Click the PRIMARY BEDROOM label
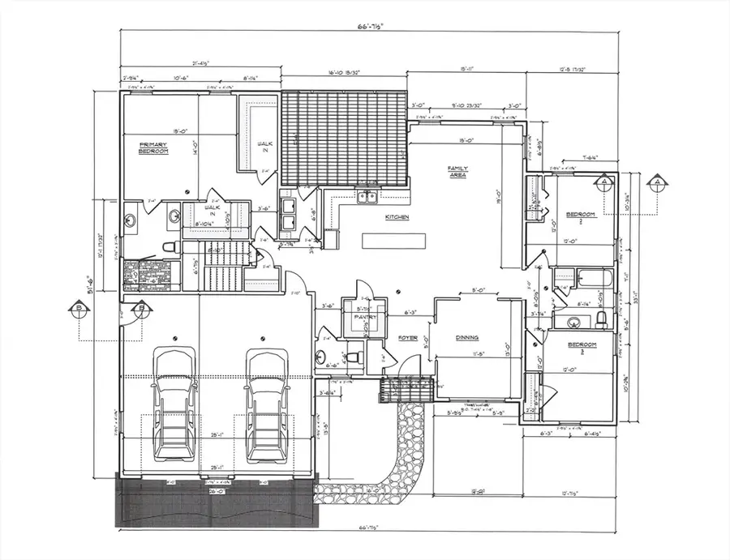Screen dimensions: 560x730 152,148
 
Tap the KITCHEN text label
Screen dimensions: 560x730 397,218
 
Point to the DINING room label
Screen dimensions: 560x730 466,337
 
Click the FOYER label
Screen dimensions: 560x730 407,337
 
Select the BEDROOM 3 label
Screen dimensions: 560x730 581,347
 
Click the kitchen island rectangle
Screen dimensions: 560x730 393,241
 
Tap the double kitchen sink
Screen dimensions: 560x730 367,196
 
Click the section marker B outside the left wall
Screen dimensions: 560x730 79,308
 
